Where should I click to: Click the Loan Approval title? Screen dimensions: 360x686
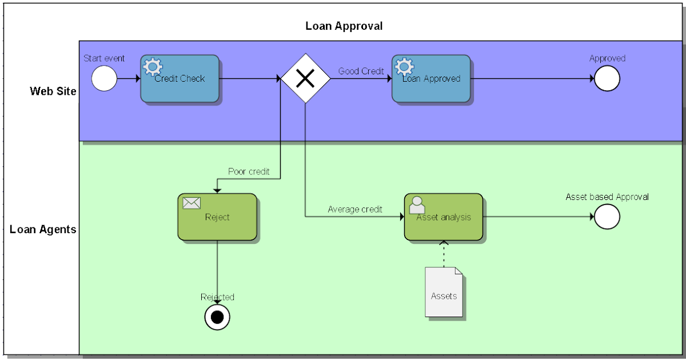coord(344,26)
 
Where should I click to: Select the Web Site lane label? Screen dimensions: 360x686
coord(53,91)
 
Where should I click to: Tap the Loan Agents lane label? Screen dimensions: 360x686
coord(43,230)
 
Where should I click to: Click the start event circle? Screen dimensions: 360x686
coord(104,79)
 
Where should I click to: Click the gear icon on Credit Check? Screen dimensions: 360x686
coord(152,67)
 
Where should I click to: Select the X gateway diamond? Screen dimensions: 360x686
coord(305,78)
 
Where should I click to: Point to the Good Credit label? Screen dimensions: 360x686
coord(361,71)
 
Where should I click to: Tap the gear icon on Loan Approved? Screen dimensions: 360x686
coord(404,67)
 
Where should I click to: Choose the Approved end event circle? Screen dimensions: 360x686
coord(607,79)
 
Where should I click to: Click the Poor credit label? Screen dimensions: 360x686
coord(249,171)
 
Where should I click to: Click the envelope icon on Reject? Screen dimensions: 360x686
coord(191,203)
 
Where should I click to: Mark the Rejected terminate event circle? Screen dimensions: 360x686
coord(217,317)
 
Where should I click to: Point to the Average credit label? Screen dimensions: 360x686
coord(355,209)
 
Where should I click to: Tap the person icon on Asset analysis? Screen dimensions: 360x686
coord(417,205)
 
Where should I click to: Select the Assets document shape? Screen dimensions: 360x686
coord(444,292)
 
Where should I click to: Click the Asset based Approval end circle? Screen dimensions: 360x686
coord(607,217)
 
